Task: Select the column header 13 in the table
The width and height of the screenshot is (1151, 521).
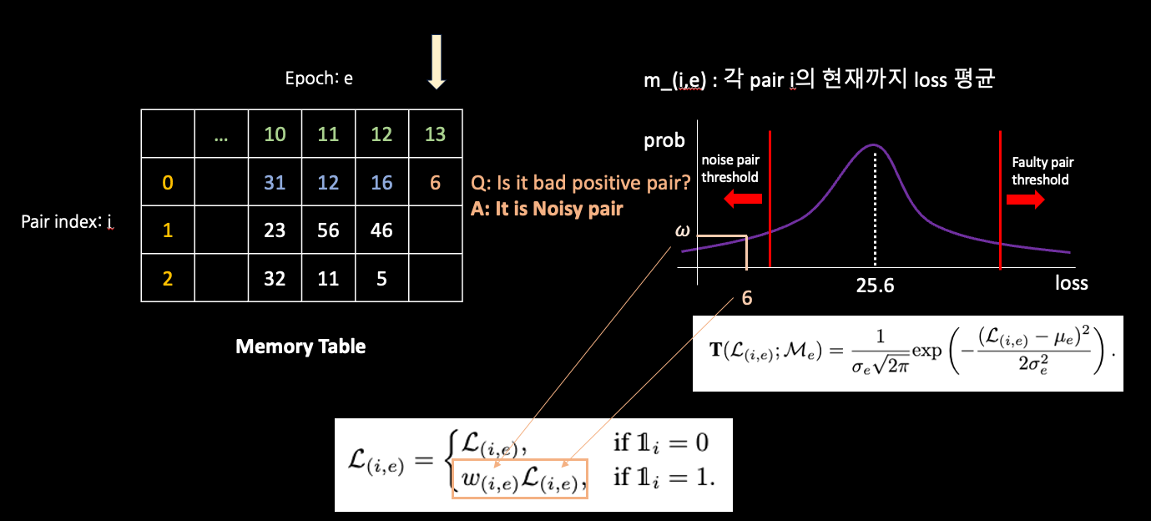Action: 436,134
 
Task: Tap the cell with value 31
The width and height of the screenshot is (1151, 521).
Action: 275,183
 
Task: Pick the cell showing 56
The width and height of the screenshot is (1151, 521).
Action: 328,230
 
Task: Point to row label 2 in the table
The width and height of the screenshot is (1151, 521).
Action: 168,278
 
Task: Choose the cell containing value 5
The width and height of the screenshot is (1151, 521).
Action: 381,278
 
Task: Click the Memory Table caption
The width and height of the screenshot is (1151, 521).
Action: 300,346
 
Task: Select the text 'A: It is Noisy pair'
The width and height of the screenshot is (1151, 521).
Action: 547,209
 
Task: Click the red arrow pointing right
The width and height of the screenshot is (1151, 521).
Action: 1025,200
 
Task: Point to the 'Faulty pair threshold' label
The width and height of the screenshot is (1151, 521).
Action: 1040,171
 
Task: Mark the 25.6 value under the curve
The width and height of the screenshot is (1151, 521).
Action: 875,286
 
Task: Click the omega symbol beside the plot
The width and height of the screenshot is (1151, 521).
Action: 681,228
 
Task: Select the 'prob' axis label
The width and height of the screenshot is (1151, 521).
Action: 664,140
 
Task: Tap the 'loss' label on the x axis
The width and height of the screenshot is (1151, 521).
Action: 1071,282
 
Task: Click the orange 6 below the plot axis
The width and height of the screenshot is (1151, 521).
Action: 746,299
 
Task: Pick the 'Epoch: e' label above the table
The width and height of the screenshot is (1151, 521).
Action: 319,79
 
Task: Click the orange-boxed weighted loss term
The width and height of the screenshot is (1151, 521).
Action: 520,479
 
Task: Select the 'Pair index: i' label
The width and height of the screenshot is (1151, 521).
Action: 67,223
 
